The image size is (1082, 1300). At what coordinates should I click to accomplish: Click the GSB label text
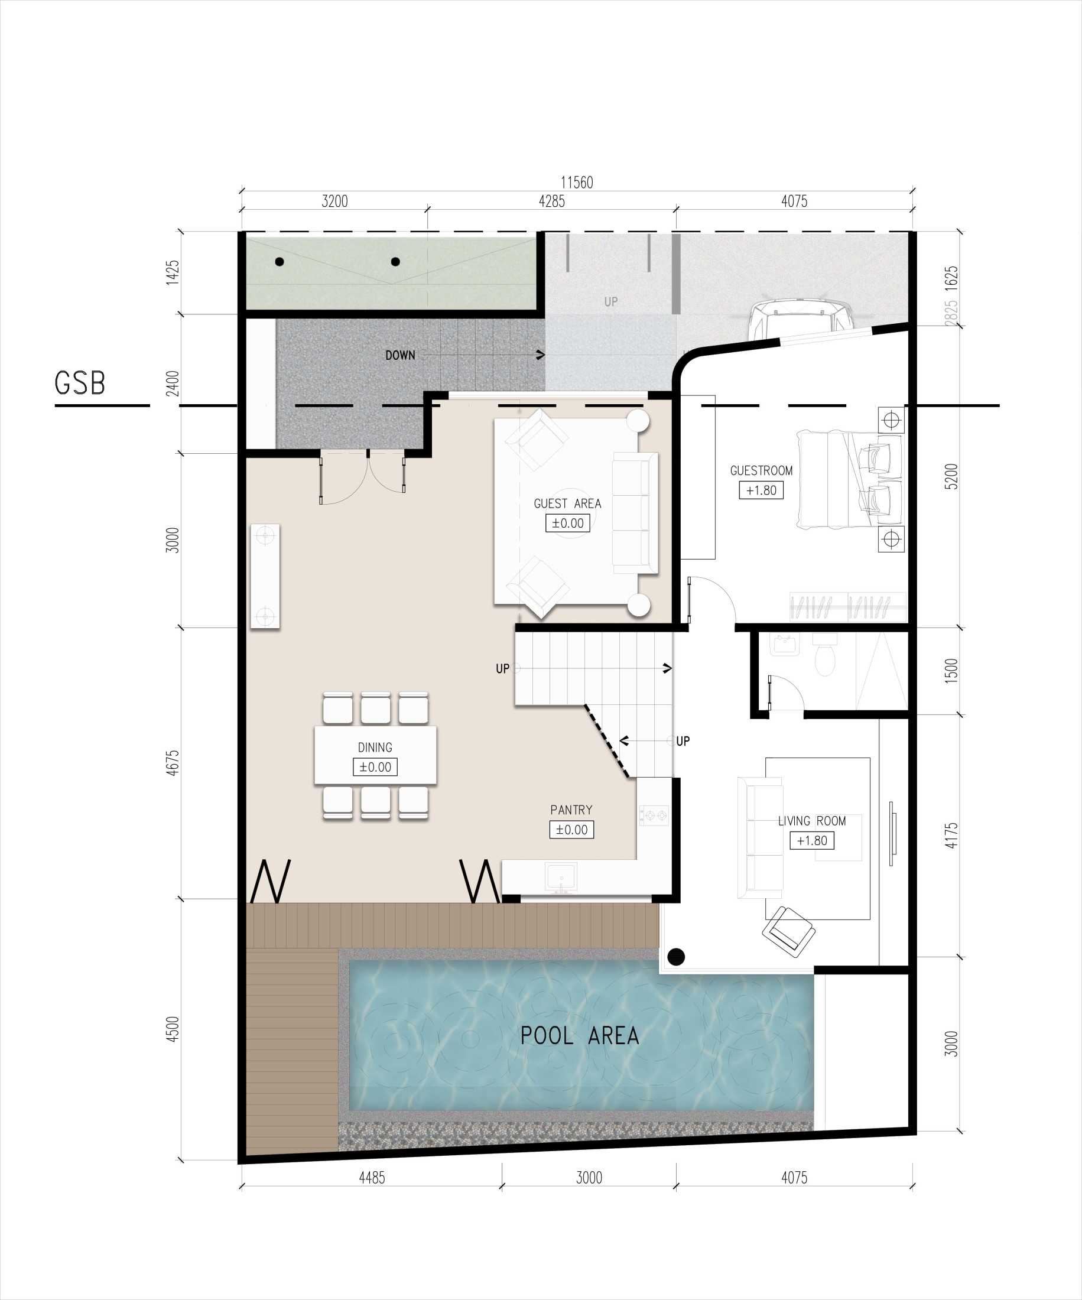pos(80,383)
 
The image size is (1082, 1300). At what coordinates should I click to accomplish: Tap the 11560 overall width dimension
pos(576,183)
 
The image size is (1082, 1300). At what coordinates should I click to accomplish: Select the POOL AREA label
pos(579,1036)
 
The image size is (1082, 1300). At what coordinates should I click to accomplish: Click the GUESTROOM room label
pos(761,470)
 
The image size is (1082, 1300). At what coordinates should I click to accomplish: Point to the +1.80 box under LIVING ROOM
pos(811,841)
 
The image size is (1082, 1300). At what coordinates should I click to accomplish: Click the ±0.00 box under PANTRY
pos(571,830)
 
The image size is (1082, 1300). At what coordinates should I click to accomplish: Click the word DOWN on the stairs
pos(400,355)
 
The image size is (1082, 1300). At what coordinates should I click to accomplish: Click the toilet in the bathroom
pos(824,659)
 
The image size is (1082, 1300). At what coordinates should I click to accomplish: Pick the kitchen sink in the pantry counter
pos(561,876)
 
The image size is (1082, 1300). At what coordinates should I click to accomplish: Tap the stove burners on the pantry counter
pos(654,815)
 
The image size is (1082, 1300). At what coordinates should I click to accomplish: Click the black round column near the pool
pos(676,957)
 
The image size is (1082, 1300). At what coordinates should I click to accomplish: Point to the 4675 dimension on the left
pos(173,763)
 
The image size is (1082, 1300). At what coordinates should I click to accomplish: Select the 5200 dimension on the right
pos(951,477)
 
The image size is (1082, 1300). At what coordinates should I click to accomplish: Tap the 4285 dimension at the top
pos(551,201)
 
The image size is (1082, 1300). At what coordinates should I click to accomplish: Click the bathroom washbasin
pos(785,645)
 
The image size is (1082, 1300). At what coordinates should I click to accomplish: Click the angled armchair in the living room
pos(788,931)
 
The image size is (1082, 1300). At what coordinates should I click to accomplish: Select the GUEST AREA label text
pos(567,504)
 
